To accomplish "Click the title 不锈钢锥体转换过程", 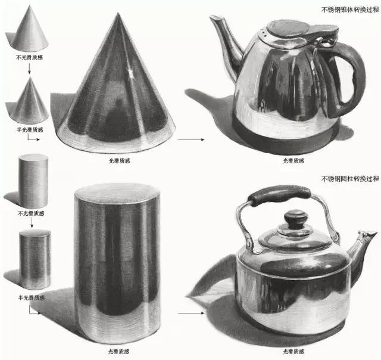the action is click(x=350, y=10).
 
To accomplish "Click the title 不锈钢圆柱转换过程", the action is click(x=350, y=179).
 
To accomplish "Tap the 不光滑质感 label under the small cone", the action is click(x=29, y=57).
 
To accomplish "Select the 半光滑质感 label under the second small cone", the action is click(x=30, y=130).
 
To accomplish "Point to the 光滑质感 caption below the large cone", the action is click(x=120, y=160).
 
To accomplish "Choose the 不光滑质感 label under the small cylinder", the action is click(x=31, y=213).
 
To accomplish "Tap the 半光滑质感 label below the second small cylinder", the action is click(x=32, y=297).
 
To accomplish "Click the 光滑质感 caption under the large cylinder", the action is click(x=119, y=351).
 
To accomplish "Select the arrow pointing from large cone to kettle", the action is click(x=191, y=139).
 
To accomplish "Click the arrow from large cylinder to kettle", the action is click(x=191, y=313).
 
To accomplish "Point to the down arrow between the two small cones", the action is click(x=29, y=69).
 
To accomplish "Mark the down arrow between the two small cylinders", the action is click(x=32, y=223).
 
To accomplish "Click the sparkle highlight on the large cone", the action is click(x=130, y=72).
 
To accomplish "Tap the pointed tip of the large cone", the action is click(x=118, y=13).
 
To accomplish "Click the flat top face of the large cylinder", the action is click(x=117, y=194).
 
